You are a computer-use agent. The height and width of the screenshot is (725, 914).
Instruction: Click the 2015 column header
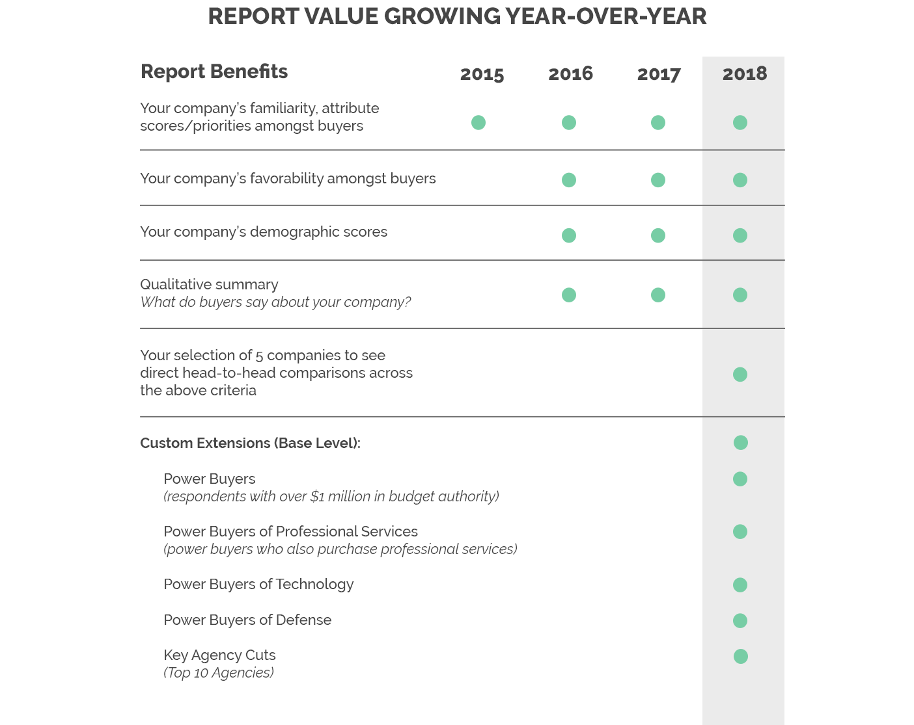point(482,74)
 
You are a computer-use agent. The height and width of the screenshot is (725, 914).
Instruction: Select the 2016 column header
point(570,73)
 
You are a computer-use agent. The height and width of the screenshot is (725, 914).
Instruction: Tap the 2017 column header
point(659,74)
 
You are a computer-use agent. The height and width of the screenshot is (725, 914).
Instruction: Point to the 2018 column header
point(744,73)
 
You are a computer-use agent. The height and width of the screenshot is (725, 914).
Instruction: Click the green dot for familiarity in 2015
point(478,122)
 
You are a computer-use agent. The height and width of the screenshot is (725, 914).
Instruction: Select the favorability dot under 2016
point(569,180)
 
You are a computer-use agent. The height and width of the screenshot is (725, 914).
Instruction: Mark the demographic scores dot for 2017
point(658,235)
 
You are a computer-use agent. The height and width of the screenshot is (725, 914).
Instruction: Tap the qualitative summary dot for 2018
point(740,295)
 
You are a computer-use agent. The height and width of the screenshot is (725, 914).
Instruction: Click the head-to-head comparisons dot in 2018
point(740,375)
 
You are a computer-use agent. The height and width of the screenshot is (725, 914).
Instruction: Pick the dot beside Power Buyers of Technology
point(740,585)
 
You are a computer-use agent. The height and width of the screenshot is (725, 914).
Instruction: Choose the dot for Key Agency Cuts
point(741,657)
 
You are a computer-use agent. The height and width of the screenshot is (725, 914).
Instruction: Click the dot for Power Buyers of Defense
point(740,621)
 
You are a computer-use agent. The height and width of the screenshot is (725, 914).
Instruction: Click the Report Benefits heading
point(214,72)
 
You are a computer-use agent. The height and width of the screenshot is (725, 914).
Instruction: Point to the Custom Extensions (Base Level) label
point(250,443)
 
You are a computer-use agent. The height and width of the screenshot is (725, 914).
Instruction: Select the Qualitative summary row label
point(209,285)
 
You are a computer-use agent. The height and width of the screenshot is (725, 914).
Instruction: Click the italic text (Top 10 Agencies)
point(219,673)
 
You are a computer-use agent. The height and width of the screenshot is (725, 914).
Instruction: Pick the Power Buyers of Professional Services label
point(290,532)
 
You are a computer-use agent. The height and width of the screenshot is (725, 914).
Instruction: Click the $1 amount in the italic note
point(317,497)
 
